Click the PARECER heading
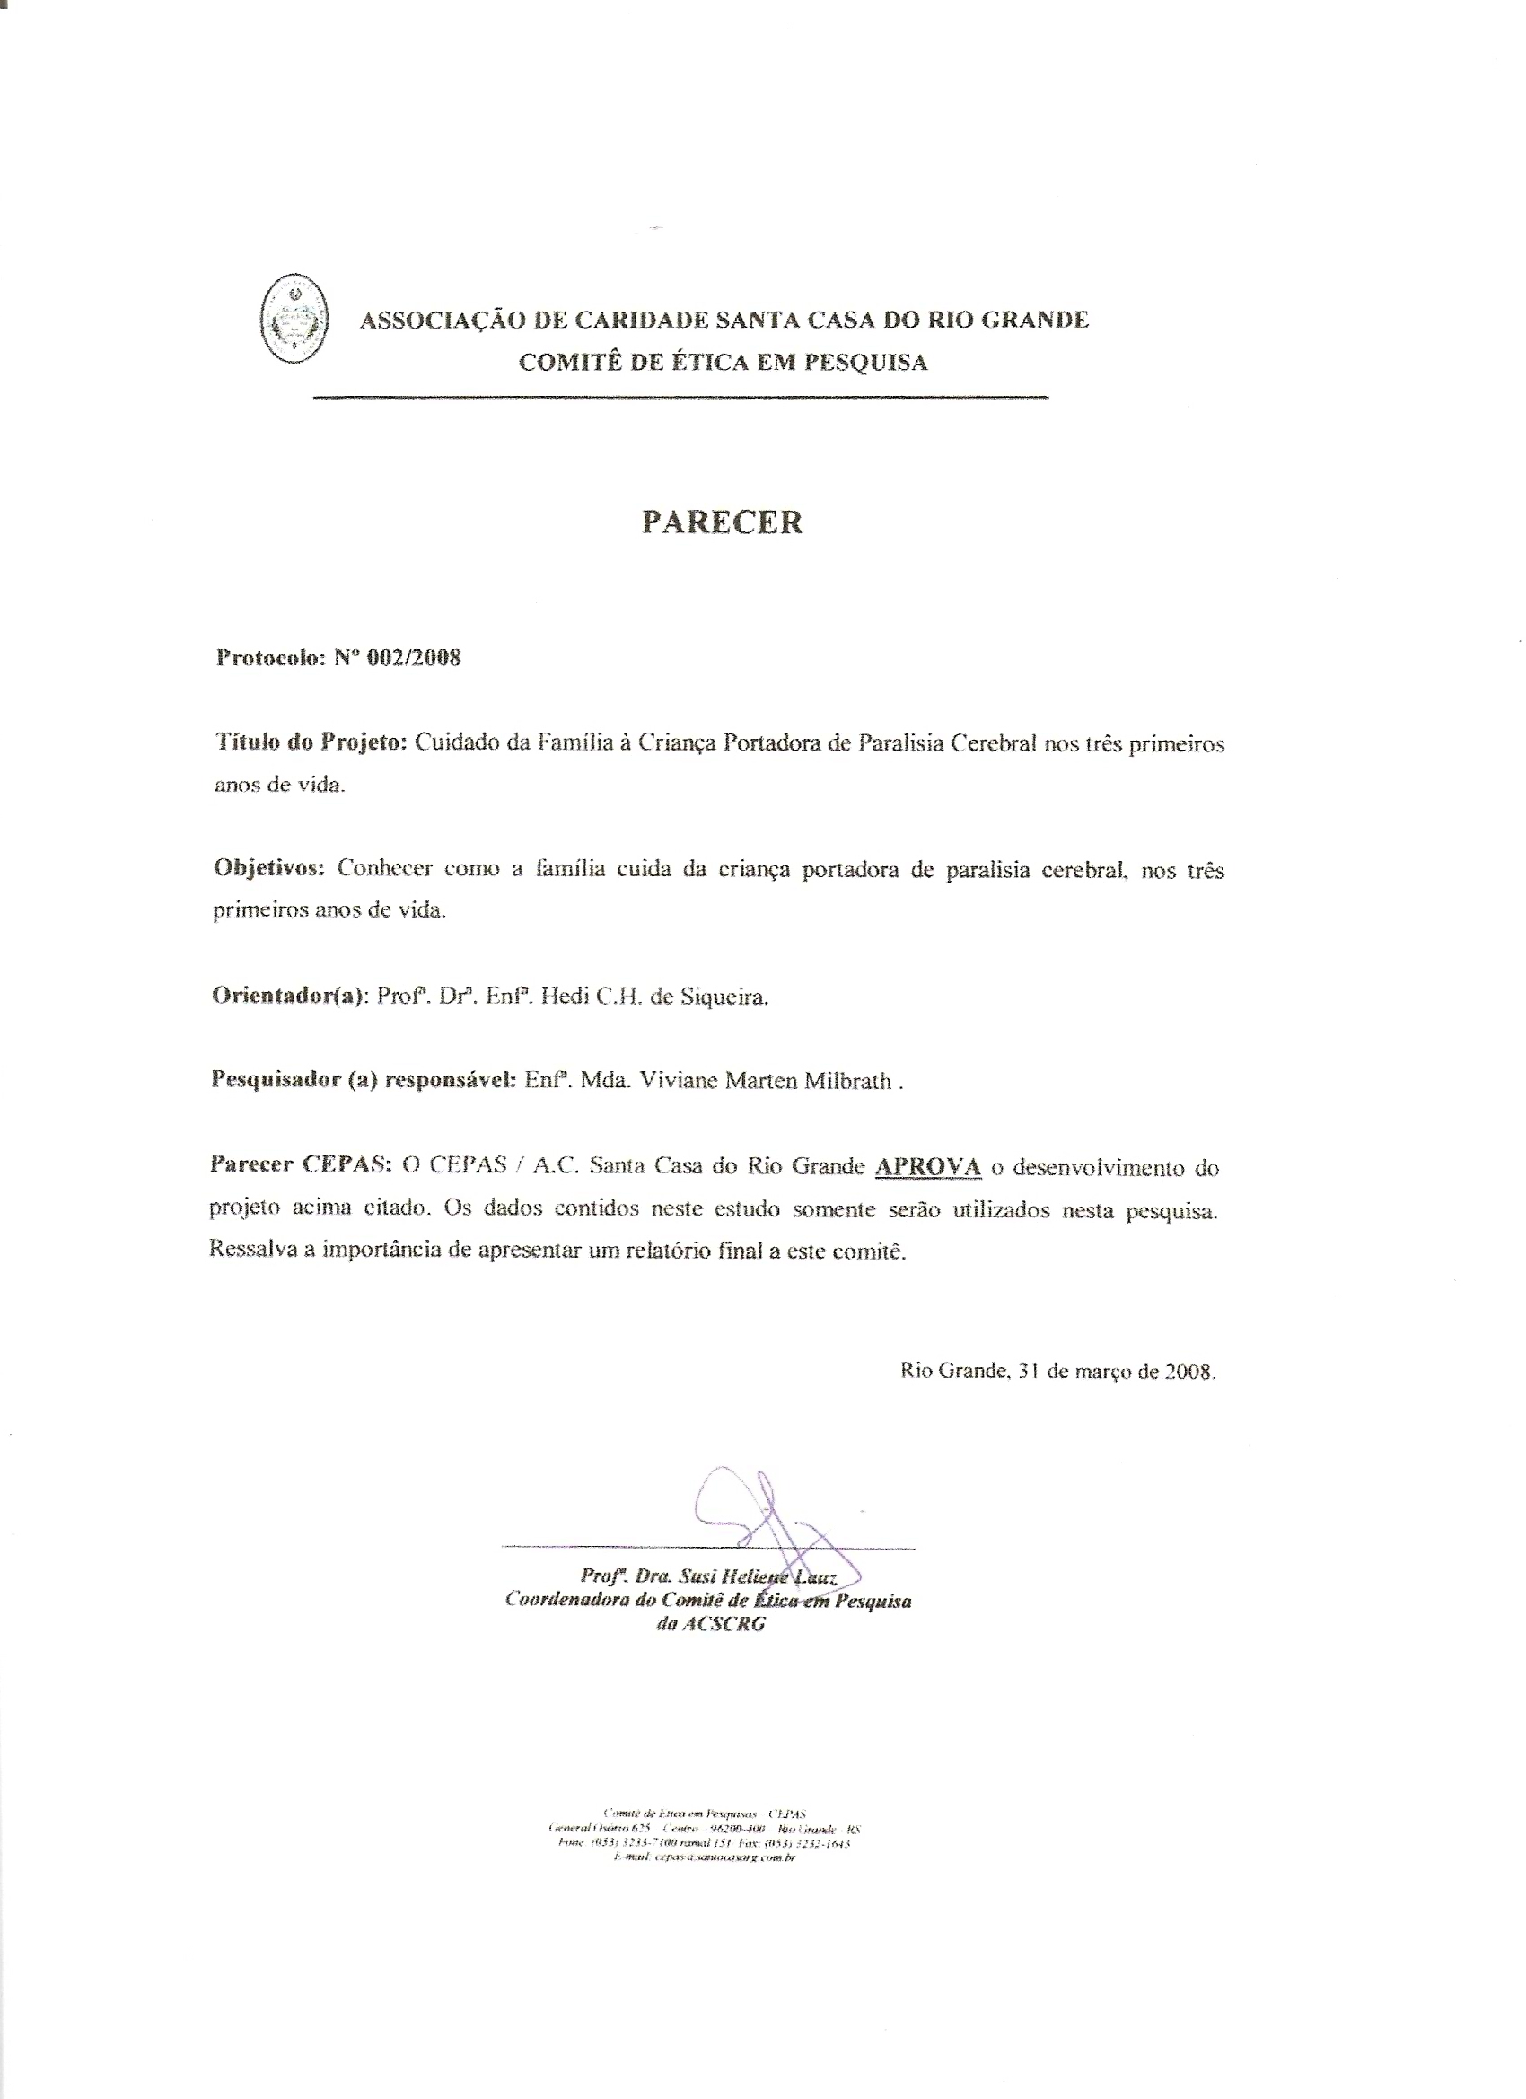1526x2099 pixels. tap(723, 523)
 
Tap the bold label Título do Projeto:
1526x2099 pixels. tap(311, 744)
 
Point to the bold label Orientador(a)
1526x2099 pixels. tap(290, 997)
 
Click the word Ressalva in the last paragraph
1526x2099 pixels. tap(247, 1250)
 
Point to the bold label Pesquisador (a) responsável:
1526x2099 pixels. tap(364, 1081)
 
